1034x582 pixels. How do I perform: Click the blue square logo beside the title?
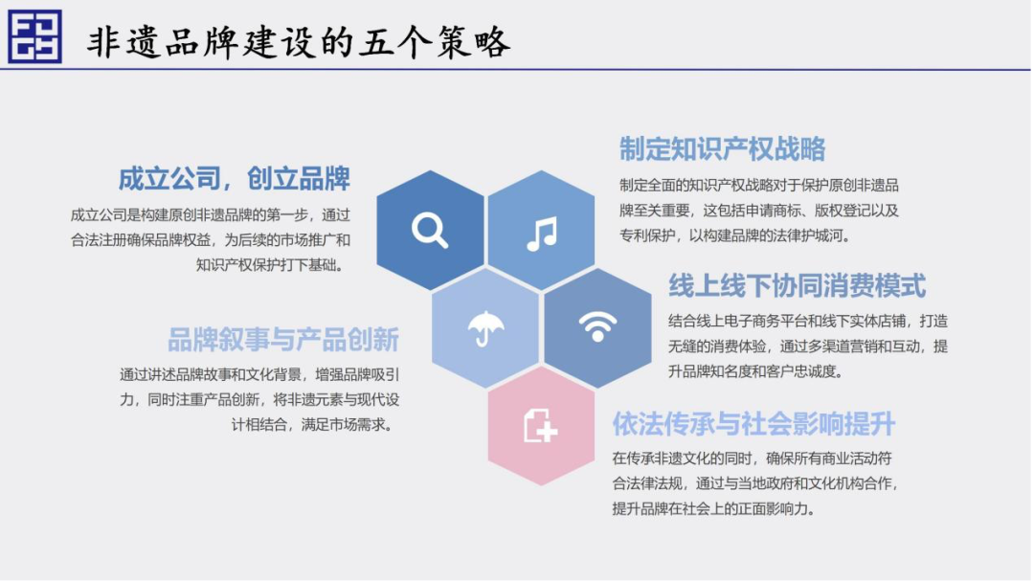pos(35,36)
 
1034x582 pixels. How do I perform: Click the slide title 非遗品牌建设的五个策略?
pos(299,41)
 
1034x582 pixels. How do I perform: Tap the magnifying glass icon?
pos(430,230)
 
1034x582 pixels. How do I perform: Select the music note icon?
pos(542,234)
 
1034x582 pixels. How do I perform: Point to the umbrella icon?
pos(485,327)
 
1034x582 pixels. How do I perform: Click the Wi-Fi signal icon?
pos(597,326)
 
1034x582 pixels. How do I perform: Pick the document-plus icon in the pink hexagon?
pos(541,425)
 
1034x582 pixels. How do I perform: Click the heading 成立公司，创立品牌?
pos(235,179)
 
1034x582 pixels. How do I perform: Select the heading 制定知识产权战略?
pos(722,148)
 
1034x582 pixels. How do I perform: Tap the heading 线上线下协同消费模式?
pos(798,285)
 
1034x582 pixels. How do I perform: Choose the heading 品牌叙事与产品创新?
pos(283,340)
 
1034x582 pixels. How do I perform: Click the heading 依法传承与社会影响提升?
pos(753,423)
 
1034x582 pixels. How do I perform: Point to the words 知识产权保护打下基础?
pos(270,265)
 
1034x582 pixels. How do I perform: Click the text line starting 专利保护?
pos(734,235)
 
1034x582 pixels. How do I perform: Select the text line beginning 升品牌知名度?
pos(755,371)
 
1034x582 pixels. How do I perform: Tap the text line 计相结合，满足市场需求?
pos(312,424)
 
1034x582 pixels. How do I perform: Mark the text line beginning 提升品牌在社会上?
pos(713,508)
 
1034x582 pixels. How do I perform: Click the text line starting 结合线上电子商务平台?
pos(808,321)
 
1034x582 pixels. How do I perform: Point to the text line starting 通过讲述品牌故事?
pos(259,374)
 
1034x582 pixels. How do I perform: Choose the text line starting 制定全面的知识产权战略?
pos(759,185)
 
